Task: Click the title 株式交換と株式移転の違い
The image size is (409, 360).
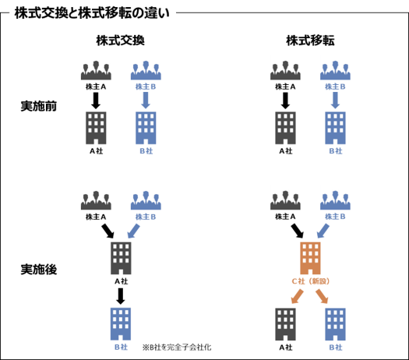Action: (92, 13)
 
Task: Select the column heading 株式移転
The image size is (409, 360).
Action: (310, 41)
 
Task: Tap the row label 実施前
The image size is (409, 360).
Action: (39, 106)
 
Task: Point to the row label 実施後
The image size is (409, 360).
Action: (39, 269)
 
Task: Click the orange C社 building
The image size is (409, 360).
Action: (310, 258)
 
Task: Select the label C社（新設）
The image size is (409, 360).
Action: (310, 281)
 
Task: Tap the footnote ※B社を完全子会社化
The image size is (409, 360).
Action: (177, 348)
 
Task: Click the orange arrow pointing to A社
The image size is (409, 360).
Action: (297, 297)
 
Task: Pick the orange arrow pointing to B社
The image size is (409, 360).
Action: (322, 297)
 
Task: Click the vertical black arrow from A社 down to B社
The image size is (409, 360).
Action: (121, 296)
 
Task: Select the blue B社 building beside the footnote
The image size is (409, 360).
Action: (121, 324)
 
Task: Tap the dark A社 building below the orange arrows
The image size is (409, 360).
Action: (285, 324)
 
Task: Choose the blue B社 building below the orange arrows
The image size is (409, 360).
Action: (335, 324)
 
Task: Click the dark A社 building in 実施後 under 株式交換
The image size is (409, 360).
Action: (121, 258)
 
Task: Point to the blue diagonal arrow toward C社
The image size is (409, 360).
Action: (323, 231)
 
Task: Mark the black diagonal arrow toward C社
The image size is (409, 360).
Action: (297, 231)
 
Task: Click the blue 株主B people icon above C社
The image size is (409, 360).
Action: (335, 200)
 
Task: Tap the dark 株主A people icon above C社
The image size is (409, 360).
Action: (285, 200)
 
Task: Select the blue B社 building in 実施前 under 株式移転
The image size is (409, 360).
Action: (335, 128)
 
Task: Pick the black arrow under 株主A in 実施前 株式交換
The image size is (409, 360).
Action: (96, 101)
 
